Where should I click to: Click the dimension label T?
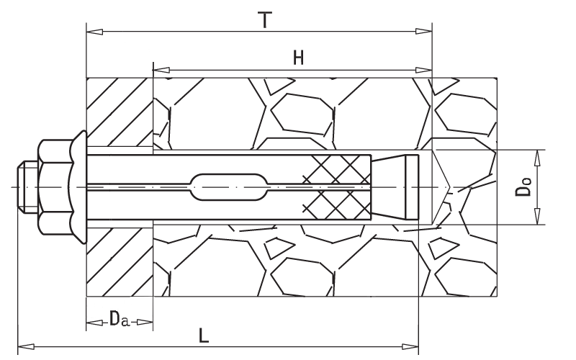point(265,20)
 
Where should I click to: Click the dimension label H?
point(298,58)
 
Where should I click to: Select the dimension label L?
point(204,336)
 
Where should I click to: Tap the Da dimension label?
point(120,318)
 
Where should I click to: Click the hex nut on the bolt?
point(55,187)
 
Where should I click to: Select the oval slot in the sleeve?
point(228,187)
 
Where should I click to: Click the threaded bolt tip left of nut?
point(28,187)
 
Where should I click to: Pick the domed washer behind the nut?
point(78,187)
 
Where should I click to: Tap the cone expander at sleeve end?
point(395,187)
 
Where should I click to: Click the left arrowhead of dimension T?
point(94,32)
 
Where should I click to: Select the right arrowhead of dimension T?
point(423,32)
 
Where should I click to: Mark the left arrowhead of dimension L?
point(27,346)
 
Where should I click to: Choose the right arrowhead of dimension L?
point(410,346)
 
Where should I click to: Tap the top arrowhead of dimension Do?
point(537,158)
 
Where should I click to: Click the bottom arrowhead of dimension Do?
point(537,217)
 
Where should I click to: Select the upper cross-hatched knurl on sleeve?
point(337,169)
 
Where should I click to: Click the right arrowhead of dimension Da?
point(145,323)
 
